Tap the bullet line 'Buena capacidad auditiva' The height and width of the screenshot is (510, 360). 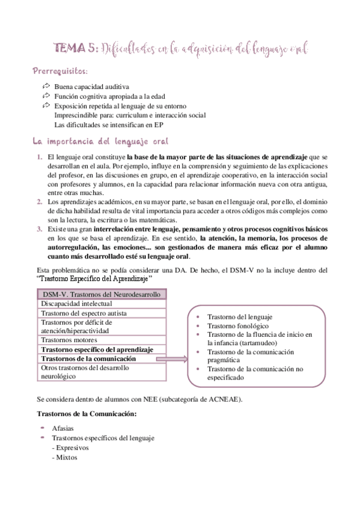pos(91,87)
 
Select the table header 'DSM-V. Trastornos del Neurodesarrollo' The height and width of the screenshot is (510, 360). pos(102,294)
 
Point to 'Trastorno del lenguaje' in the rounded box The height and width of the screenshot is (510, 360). pos(240,316)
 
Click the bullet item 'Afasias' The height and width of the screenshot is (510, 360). pos(64,429)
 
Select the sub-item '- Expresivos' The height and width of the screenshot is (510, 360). pos(69,447)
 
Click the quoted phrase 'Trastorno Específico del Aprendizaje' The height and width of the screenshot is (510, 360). pos(94,279)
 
